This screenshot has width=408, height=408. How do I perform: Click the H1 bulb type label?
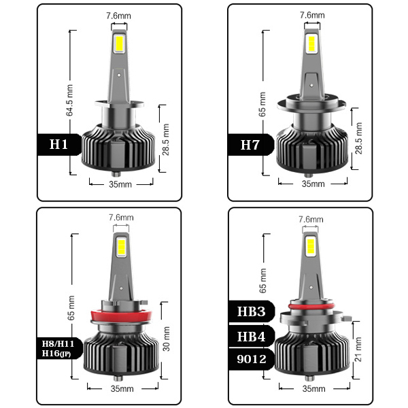58,144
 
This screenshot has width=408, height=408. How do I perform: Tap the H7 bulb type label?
250,145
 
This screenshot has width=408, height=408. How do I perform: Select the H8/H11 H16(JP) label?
58,348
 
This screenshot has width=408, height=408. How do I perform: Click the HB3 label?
251,311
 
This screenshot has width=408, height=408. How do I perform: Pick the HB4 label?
251,336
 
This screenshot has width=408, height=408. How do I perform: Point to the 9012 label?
252,359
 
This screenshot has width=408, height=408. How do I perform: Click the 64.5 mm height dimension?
69,100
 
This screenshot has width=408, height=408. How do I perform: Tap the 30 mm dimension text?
166,339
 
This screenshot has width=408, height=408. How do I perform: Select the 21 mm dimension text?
358,350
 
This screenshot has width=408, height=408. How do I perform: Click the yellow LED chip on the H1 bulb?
120,44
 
